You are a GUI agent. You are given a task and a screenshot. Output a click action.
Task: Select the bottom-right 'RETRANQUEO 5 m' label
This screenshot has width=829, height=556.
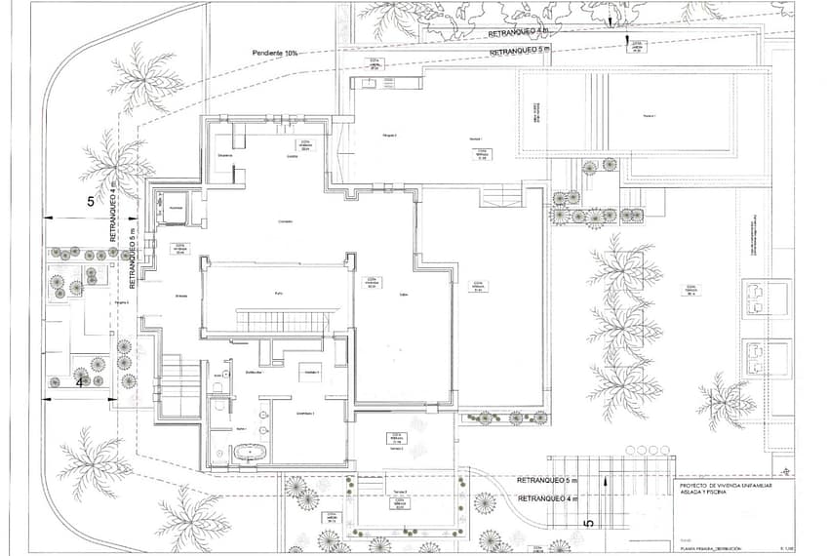547,482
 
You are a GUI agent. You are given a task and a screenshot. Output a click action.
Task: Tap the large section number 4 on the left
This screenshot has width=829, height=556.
79,382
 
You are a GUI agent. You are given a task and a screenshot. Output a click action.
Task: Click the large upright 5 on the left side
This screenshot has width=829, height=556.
91,202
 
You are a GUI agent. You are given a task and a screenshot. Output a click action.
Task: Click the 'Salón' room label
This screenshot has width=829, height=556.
403,296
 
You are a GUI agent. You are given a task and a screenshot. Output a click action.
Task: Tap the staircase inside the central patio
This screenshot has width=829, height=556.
288,321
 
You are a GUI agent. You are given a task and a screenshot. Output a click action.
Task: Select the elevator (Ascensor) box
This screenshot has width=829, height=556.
177,209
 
